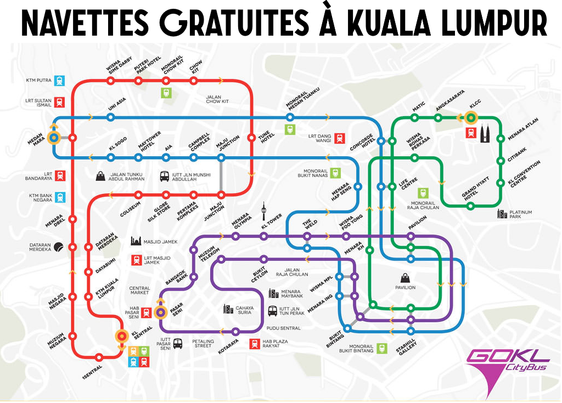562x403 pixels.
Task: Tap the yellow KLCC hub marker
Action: [471, 117]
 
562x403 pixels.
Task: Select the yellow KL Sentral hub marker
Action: [121, 337]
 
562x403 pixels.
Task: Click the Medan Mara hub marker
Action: [54, 138]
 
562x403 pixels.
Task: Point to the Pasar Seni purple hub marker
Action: [160, 313]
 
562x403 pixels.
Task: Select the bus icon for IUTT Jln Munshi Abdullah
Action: [165, 177]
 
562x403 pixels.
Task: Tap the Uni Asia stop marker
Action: [111, 117]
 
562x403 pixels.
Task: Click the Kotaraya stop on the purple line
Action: [235, 331]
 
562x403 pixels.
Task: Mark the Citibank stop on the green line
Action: [500, 161]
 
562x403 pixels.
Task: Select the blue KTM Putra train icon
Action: [59, 81]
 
